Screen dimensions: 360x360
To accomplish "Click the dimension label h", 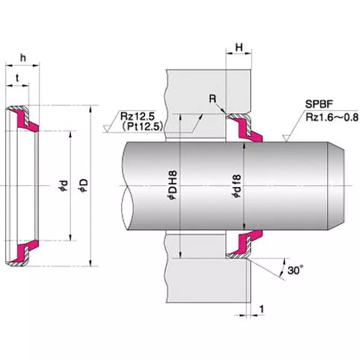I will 22,58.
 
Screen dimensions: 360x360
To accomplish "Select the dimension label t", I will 17,77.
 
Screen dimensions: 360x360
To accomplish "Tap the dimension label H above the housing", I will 239,47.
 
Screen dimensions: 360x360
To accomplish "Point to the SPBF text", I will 318,104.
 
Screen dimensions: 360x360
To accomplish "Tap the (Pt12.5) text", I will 142,126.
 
